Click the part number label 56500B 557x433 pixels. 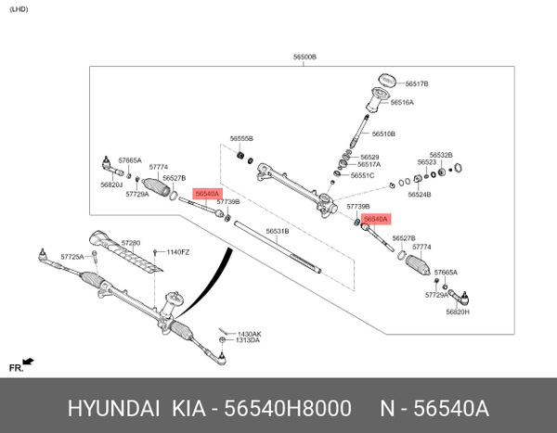pos(304,57)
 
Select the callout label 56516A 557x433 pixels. pos(402,103)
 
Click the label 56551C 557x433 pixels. pos(363,175)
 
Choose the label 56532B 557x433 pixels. pos(441,155)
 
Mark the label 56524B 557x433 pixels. pos(420,195)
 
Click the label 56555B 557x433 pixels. pos(241,138)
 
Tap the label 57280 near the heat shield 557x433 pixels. pos(132,243)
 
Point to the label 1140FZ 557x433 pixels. pos(177,252)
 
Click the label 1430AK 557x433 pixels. pos(249,333)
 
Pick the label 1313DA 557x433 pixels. pos(248,340)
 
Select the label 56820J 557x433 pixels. pos(111,185)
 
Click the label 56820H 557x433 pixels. pos(457,312)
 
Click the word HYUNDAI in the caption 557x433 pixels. pos(110,410)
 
